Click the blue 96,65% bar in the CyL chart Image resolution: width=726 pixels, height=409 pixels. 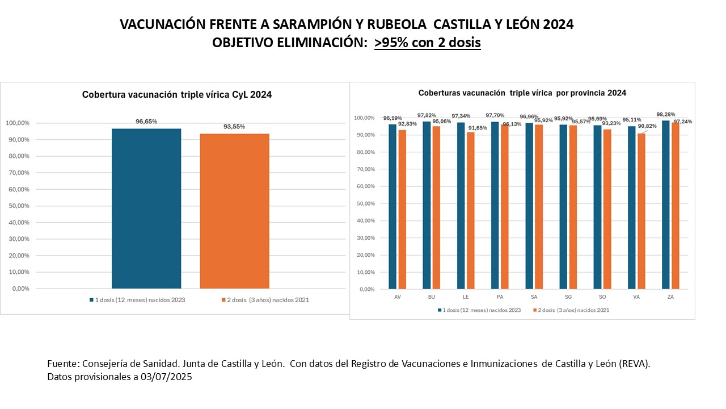click(x=146, y=208)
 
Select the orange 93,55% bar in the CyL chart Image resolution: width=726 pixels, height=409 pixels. click(x=234, y=211)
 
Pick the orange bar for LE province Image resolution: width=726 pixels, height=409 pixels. click(x=471, y=210)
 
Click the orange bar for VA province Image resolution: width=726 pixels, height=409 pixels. click(x=641, y=211)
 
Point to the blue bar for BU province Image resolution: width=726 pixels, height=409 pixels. click(x=427, y=205)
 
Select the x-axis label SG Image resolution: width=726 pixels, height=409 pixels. click(x=568, y=297)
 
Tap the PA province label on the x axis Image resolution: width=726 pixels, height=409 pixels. click(x=499, y=297)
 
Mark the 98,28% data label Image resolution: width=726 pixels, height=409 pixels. click(x=665, y=114)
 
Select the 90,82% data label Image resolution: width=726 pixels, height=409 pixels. click(x=647, y=126)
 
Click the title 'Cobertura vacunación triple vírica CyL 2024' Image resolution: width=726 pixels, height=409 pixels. click(x=177, y=95)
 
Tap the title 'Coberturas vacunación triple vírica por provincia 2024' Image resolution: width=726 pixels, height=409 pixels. click(x=522, y=93)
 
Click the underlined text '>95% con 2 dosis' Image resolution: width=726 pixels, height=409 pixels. click(x=427, y=43)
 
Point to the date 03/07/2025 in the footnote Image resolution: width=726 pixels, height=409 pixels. click(x=165, y=377)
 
